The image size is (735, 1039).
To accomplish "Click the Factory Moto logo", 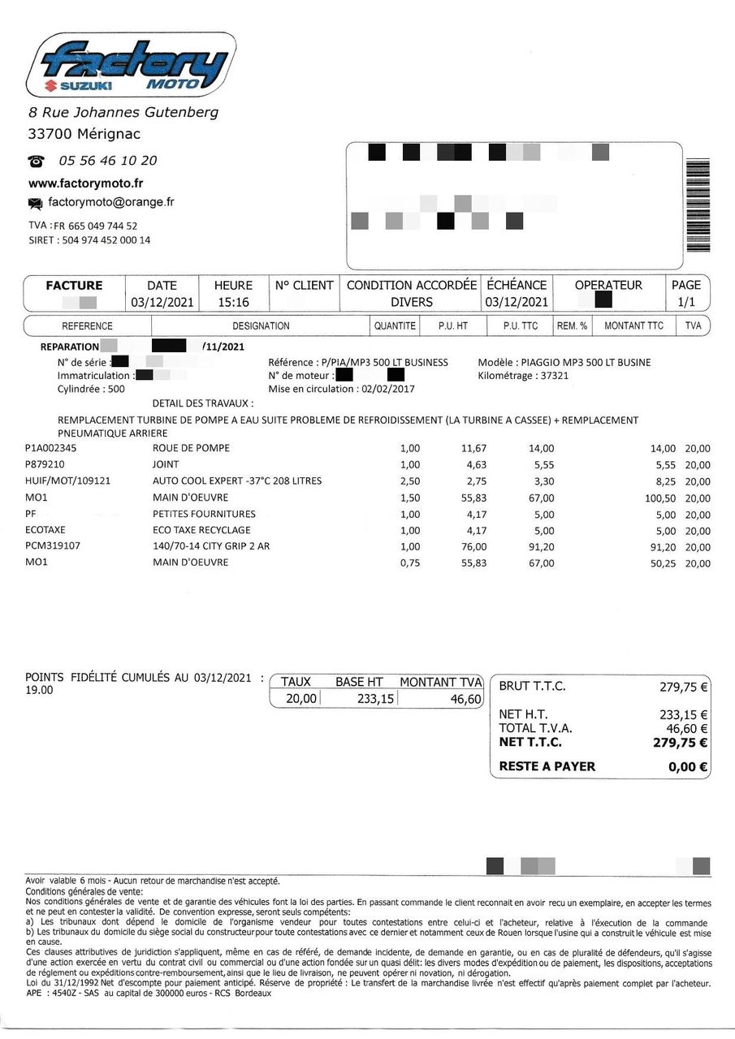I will coord(130,64).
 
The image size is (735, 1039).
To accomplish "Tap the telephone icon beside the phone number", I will coord(36,161).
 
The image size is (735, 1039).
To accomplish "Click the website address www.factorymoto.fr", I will coord(85,183).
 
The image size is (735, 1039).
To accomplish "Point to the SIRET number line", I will coord(89,240).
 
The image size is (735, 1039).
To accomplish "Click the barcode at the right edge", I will coord(698,206).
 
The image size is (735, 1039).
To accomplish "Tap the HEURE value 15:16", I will coord(233,302).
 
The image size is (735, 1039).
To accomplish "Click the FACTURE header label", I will coord(74,286).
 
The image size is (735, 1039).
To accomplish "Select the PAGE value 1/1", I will coord(685,302).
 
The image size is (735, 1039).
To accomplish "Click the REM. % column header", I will coord(572,325).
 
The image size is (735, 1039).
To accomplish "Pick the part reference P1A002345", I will coord(56,448).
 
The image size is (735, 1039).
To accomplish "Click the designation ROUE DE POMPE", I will coord(191,448).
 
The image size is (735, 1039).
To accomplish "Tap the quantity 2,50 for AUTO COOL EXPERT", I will coord(410,481).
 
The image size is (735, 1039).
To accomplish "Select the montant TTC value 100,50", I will coord(659,498).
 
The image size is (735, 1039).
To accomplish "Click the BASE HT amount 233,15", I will coord(375,699).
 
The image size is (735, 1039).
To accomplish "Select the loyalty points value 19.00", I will coord(39,691).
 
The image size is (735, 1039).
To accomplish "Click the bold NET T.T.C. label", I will coord(530,742).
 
